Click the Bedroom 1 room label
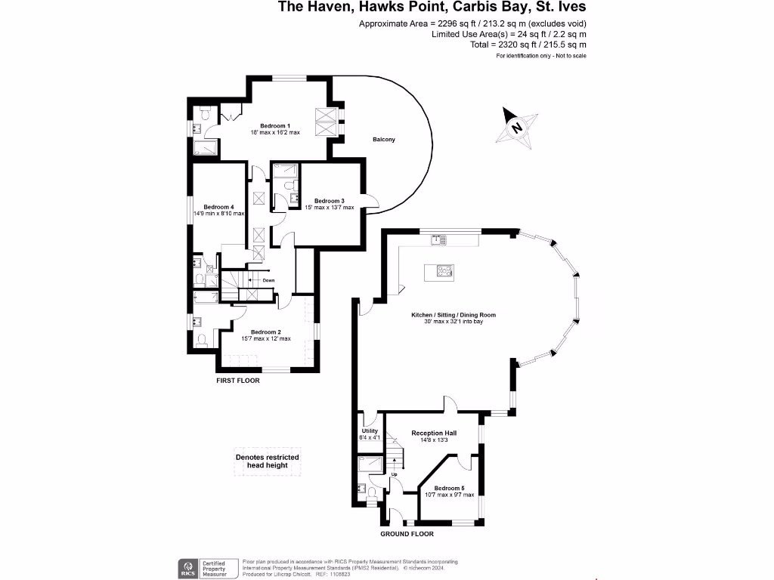pos(275,125)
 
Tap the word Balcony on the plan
pos(384,140)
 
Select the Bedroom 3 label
pos(330,201)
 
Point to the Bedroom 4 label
pos(218,207)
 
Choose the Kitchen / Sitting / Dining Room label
pos(454,315)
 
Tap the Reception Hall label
pos(434,433)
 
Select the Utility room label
pos(369,430)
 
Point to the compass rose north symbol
pos(517,126)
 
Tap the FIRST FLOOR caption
pos(238,381)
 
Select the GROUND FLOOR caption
pos(407,534)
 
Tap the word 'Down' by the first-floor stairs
pos(268,281)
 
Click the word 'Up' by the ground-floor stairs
pos(394,474)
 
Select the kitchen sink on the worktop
pos(436,240)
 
